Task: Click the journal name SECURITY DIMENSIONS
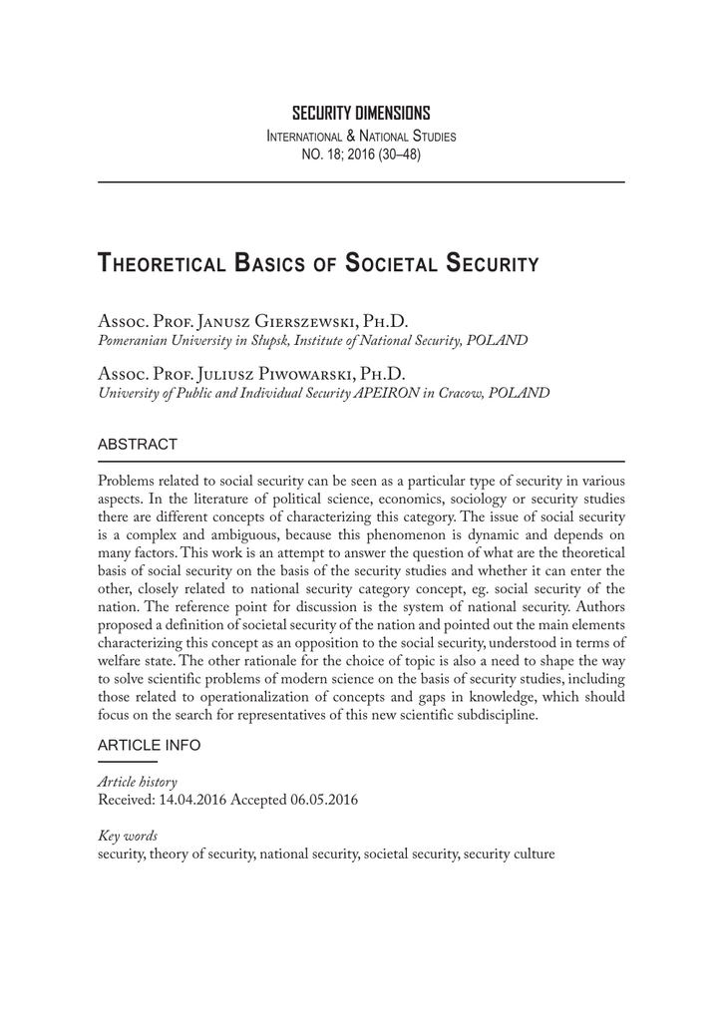(x=361, y=113)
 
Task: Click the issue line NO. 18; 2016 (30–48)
(x=361, y=154)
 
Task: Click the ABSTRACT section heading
(x=138, y=444)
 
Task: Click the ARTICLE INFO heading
(x=149, y=745)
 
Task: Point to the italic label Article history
(x=137, y=782)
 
